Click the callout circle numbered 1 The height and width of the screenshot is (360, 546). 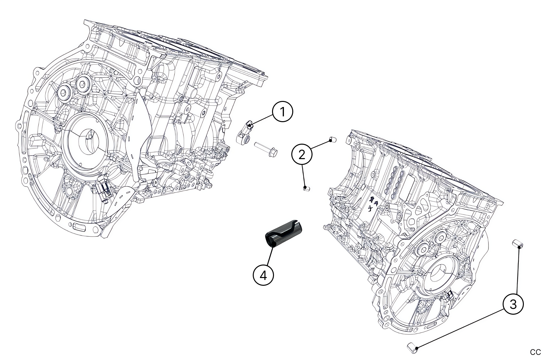click(x=283, y=112)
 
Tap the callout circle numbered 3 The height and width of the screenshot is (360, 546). click(x=513, y=303)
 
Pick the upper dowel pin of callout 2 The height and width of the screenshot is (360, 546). click(x=333, y=139)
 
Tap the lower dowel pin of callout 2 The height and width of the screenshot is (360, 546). click(x=306, y=189)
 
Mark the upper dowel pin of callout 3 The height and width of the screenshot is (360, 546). click(x=517, y=244)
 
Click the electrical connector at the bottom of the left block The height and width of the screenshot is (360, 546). click(x=104, y=192)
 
